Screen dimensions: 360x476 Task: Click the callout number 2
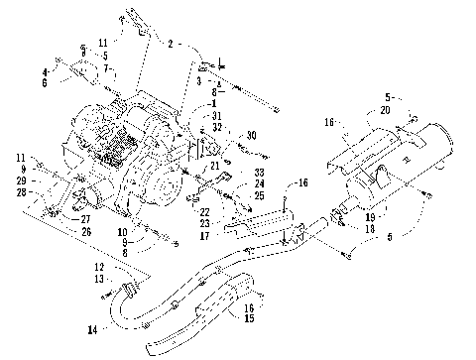coord(170,45)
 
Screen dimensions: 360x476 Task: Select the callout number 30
coord(252,135)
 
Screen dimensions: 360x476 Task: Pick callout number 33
coord(232,172)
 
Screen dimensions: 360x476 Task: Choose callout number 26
coord(85,232)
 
